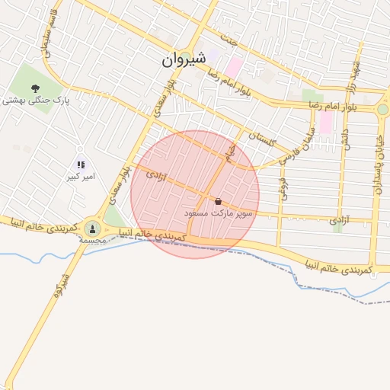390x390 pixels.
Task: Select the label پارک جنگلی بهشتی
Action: pos(35,101)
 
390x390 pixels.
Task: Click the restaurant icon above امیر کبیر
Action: pos(80,164)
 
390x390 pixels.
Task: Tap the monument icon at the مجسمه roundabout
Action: pos(92,227)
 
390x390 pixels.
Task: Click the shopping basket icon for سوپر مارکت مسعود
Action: pos(219,202)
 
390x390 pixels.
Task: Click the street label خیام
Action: pos(228,152)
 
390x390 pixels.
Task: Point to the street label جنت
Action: pos(225,36)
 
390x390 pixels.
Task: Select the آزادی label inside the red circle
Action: pos(155,177)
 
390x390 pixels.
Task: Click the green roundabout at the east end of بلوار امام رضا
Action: pos(382,110)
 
